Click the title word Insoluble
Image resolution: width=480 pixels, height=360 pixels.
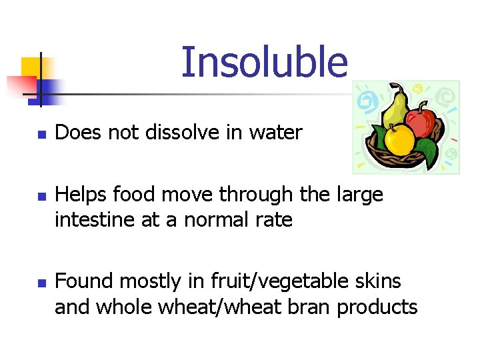pyautogui.click(x=264, y=62)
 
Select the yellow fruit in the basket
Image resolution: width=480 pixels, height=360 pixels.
pyautogui.click(x=400, y=138)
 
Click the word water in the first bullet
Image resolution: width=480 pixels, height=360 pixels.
pyautogui.click(x=275, y=133)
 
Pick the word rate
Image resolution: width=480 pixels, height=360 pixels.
pyautogui.click(x=272, y=220)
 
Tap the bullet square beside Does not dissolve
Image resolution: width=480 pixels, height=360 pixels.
pyautogui.click(x=40, y=134)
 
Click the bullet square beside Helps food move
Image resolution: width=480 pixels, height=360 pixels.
pyautogui.click(x=40, y=196)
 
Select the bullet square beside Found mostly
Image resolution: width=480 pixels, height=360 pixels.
pyautogui.click(x=40, y=283)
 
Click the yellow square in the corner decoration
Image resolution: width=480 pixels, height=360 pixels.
pyautogui.click(x=31, y=67)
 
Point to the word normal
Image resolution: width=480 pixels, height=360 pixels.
pyautogui.click(x=213, y=220)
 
